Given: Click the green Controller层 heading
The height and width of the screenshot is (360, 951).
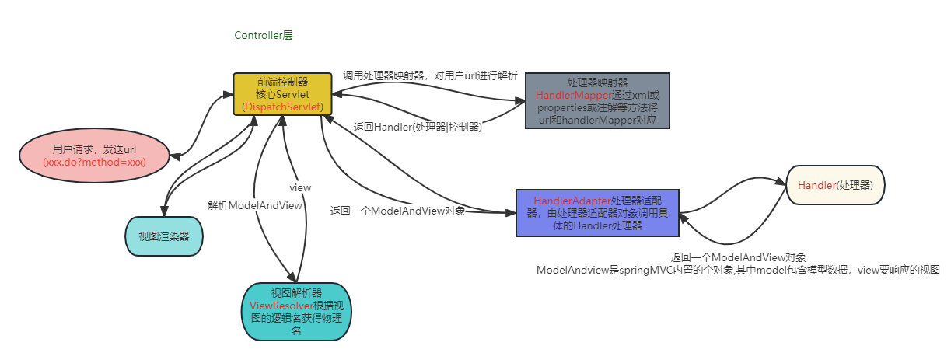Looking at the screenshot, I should point(264,36).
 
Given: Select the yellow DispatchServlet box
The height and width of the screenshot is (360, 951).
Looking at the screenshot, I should point(283,93).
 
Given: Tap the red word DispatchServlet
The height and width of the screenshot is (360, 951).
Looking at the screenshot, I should point(283,107).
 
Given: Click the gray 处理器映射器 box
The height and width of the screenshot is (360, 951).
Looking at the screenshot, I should point(597,100).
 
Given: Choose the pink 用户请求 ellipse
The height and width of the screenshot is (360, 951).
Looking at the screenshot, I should point(94,156).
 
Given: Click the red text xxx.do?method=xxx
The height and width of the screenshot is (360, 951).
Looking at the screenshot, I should point(94,164).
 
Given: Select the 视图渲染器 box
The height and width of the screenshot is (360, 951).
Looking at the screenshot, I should point(163,236).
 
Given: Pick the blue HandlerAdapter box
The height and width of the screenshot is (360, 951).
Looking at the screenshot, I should point(597,213).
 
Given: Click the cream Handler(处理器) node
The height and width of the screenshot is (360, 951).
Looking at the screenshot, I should point(835,185).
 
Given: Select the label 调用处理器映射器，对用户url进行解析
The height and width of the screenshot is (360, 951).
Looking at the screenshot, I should point(430,76).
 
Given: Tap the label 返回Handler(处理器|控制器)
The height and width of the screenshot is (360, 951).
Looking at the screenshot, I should point(418,127).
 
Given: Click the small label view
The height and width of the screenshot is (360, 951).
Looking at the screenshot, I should point(300,187).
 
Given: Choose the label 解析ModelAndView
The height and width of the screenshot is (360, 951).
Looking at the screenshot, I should point(254,205).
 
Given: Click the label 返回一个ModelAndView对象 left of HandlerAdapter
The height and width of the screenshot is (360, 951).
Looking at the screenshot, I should point(397,211).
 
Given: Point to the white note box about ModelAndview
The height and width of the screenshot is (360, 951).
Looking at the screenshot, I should point(737,269).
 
